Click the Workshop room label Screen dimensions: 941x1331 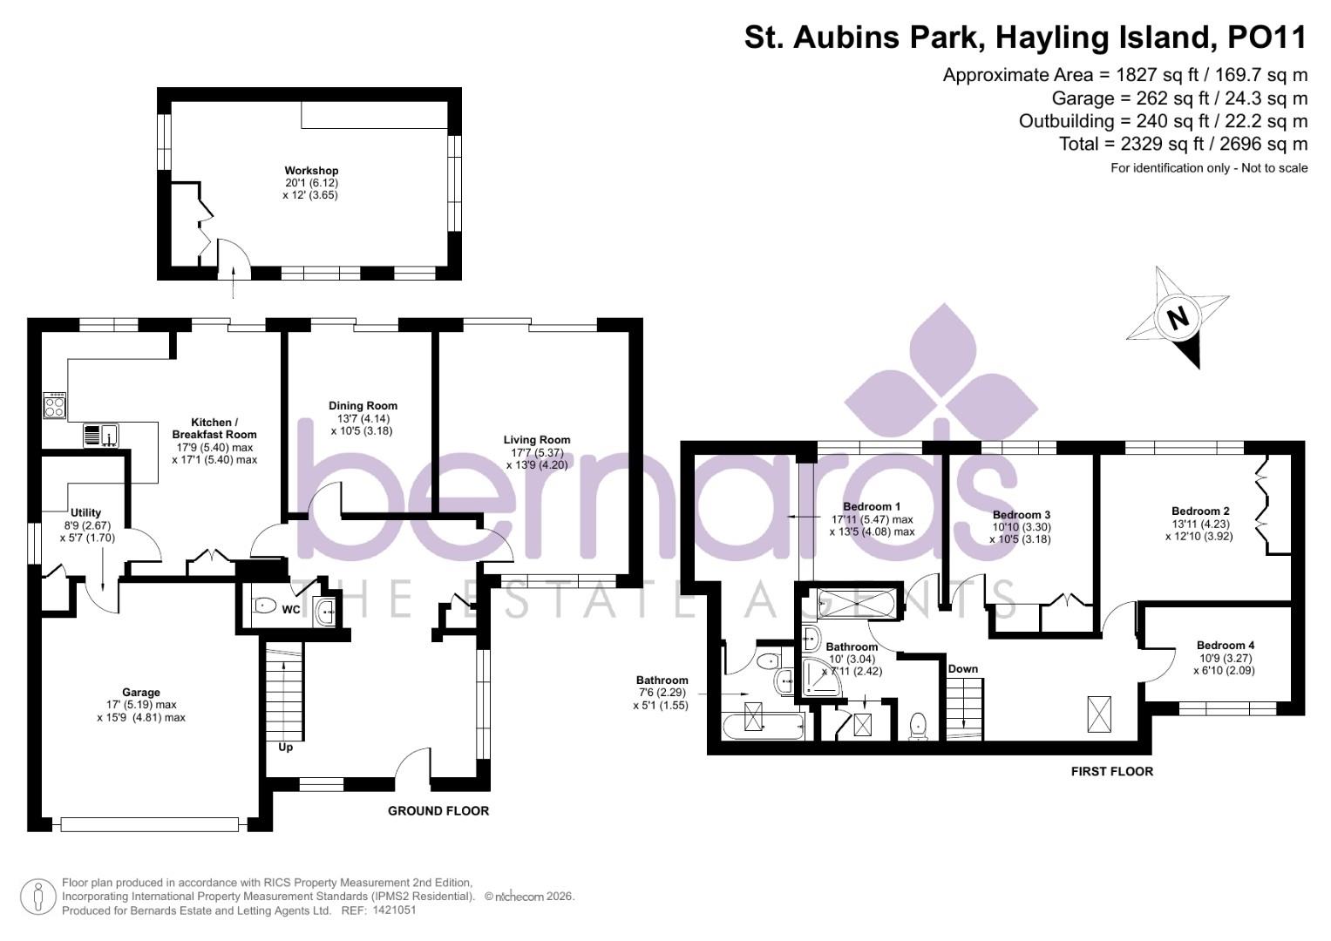(x=311, y=171)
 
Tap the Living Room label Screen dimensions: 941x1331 (x=537, y=440)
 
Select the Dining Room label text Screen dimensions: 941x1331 (x=363, y=406)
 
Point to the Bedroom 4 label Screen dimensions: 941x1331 (x=1226, y=646)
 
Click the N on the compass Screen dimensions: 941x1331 (x=1178, y=317)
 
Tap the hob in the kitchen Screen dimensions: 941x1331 (x=54, y=406)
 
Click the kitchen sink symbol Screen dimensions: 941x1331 (x=102, y=435)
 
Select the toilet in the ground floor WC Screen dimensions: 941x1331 (x=262, y=606)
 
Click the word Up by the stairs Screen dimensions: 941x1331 (x=285, y=748)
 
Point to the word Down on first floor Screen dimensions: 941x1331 (x=963, y=669)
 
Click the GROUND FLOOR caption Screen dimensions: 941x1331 (x=438, y=811)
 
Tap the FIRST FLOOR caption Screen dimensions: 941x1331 (x=1111, y=772)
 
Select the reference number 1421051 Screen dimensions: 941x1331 (x=395, y=911)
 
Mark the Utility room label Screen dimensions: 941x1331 (x=86, y=513)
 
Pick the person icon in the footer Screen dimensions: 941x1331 (x=37, y=897)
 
